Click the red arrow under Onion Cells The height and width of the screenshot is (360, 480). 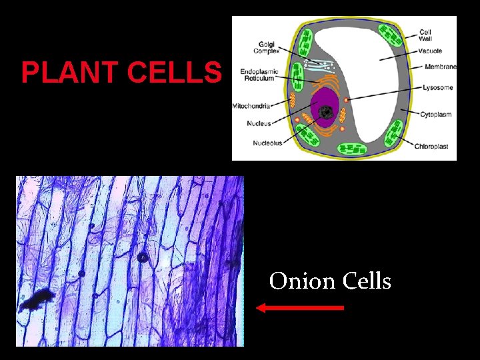pyautogui.click(x=300, y=307)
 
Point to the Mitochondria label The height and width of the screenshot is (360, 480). pyautogui.click(x=251, y=106)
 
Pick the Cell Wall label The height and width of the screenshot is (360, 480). pyautogui.click(x=426, y=35)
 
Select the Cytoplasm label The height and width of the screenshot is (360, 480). pyautogui.click(x=435, y=115)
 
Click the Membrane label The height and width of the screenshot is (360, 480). pyautogui.click(x=441, y=67)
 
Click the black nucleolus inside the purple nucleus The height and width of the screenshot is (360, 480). pyautogui.click(x=326, y=112)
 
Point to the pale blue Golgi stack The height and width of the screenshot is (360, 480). pyautogui.click(x=320, y=65)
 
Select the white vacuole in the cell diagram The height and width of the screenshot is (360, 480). pyautogui.click(x=373, y=73)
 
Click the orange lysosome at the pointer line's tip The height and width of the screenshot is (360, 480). pyautogui.click(x=346, y=100)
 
